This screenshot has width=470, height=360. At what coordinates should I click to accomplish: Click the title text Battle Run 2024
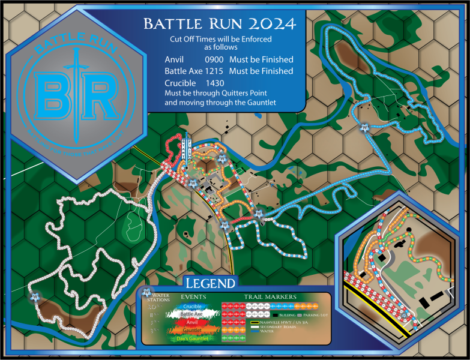[219, 24]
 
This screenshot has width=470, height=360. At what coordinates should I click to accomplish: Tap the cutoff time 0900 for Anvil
[213, 59]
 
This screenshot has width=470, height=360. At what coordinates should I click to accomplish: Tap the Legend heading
[209, 282]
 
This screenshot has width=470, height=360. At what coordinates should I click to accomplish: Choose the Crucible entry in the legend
[192, 307]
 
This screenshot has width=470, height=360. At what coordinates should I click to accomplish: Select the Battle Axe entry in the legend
[192, 314]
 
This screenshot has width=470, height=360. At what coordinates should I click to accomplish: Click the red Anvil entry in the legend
[192, 322]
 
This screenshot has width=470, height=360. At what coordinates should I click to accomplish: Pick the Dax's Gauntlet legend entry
[192, 338]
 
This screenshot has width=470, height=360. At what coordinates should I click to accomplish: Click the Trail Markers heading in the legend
[270, 296]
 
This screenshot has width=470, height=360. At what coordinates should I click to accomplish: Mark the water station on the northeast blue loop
[364, 127]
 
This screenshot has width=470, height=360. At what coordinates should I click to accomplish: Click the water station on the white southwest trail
[35, 296]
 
